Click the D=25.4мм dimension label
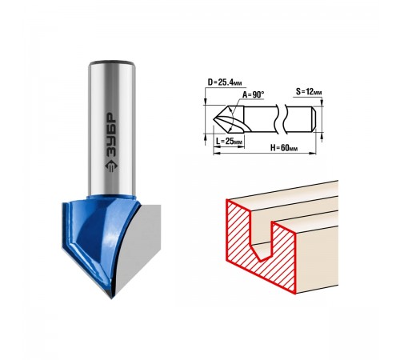click(x=225, y=82)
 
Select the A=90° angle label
click(x=253, y=94)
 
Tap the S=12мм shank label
click(x=309, y=92)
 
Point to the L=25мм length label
click(x=229, y=141)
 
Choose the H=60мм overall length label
click(x=284, y=147)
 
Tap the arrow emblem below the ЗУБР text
click(x=112, y=167)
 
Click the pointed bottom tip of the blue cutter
click(x=111, y=298)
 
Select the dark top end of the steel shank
click(x=111, y=63)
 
